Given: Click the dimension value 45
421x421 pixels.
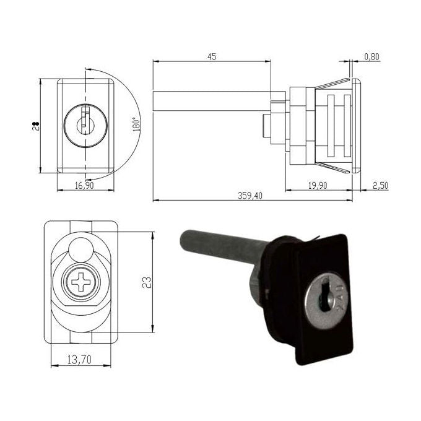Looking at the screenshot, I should pyautogui.click(x=211, y=56).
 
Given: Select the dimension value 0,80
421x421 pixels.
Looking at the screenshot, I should pyautogui.click(x=372, y=57).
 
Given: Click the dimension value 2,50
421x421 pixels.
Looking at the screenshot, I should pyautogui.click(x=381, y=186).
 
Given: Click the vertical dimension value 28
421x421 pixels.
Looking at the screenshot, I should pyautogui.click(x=36, y=126).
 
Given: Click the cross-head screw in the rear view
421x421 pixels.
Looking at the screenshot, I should pyautogui.click(x=80, y=285).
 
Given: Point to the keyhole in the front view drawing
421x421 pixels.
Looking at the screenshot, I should pyautogui.click(x=84, y=123).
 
